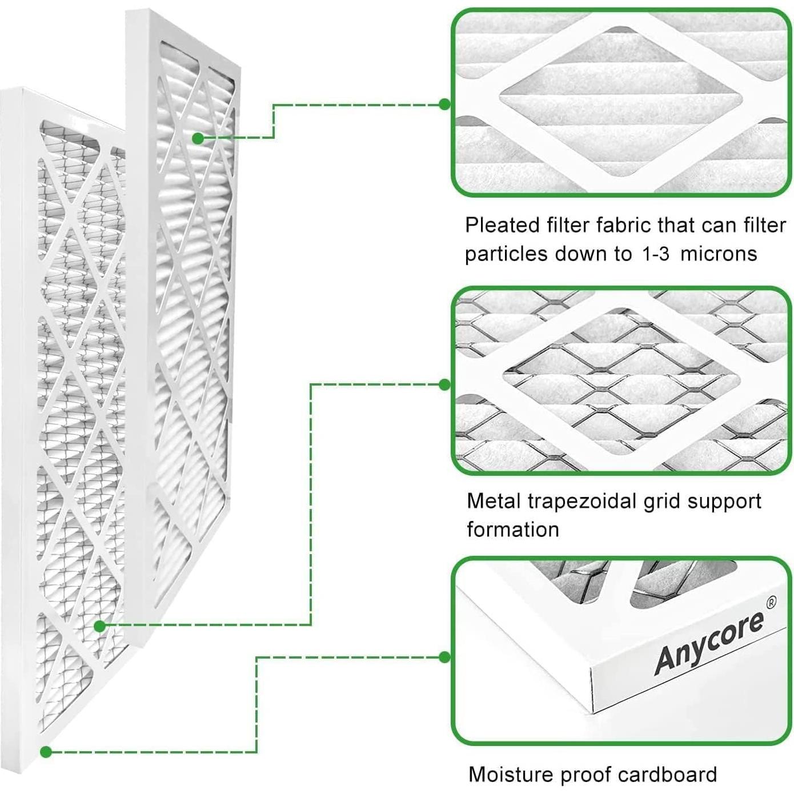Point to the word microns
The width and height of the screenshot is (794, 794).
tap(719, 254)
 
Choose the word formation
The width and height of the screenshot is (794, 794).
tap(513, 529)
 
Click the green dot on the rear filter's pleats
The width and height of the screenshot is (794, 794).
tap(198, 138)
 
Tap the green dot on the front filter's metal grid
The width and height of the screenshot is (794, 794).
tap(100, 626)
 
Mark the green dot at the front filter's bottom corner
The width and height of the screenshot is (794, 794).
tap(46, 752)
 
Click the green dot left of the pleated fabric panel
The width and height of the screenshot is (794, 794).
tap(444, 104)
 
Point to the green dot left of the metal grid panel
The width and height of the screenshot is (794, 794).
tap(444, 385)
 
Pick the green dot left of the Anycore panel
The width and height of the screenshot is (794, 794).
tap(444, 657)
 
